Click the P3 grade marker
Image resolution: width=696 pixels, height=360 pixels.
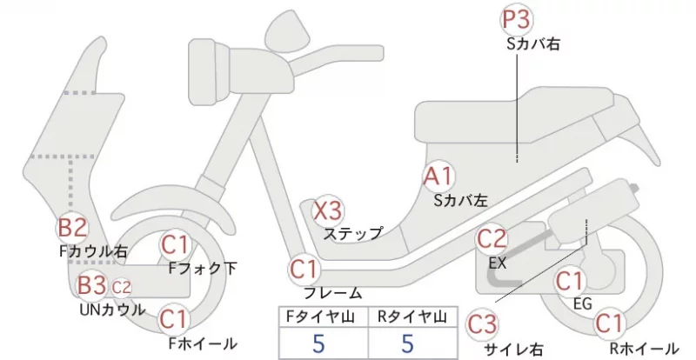point(517,20)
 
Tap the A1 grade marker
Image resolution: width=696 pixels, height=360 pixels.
point(438,177)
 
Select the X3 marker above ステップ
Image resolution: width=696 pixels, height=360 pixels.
point(328,210)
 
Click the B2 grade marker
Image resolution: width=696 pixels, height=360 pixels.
point(72,227)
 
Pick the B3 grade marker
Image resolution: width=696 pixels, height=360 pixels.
point(91,285)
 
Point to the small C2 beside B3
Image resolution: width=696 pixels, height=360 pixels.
point(121,288)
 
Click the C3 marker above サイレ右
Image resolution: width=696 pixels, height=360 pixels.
point(482,325)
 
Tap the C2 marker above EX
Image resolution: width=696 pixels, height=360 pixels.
point(492,239)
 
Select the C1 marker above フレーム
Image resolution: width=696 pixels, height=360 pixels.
point(304,270)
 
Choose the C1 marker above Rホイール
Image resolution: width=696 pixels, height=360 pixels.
point(611,323)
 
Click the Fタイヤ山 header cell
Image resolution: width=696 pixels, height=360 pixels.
point(324,317)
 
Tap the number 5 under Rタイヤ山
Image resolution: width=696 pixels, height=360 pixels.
point(407,343)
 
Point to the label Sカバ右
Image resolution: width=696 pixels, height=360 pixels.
point(533,43)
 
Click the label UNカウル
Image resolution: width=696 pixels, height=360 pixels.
point(112,310)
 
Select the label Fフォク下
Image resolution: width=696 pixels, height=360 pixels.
point(203,268)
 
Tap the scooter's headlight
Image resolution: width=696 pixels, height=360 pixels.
point(209,71)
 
